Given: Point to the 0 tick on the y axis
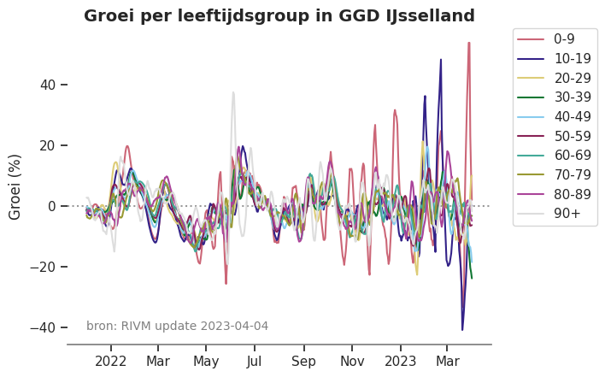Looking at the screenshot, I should pos(52,206).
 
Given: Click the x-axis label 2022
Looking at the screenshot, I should pos(111,361).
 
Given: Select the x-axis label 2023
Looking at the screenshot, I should pos(400,361).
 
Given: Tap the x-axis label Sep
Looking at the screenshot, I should pos(303,361).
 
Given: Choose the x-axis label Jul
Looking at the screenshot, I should pos(255,361).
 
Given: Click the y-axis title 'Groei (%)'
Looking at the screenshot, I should pos(15,186).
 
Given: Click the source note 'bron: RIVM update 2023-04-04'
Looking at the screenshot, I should pos(177,326).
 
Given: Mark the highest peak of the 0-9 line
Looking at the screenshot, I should pos(468,43).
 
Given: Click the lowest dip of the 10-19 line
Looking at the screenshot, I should pos(462,329).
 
